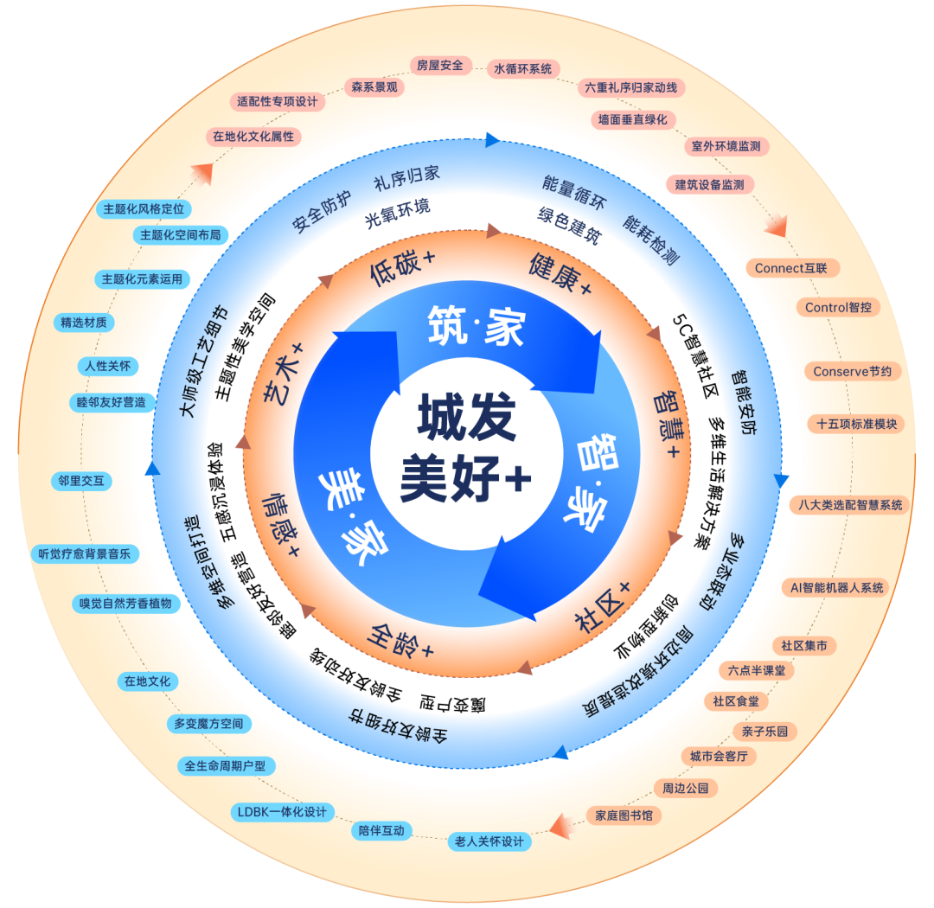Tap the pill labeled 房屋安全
[x=439, y=65]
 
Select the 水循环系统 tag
[x=522, y=69]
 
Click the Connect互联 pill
[x=790, y=268]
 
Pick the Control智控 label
[x=837, y=307]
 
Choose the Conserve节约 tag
[x=857, y=372]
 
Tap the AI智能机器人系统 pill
[x=836, y=587]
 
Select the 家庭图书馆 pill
[x=624, y=815]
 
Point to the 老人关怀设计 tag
[x=489, y=841]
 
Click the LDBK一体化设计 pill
[x=282, y=812]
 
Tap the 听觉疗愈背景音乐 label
[x=84, y=553]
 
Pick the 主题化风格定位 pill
[x=144, y=209]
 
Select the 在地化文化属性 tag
[x=253, y=136]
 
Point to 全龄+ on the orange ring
[x=402, y=640]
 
